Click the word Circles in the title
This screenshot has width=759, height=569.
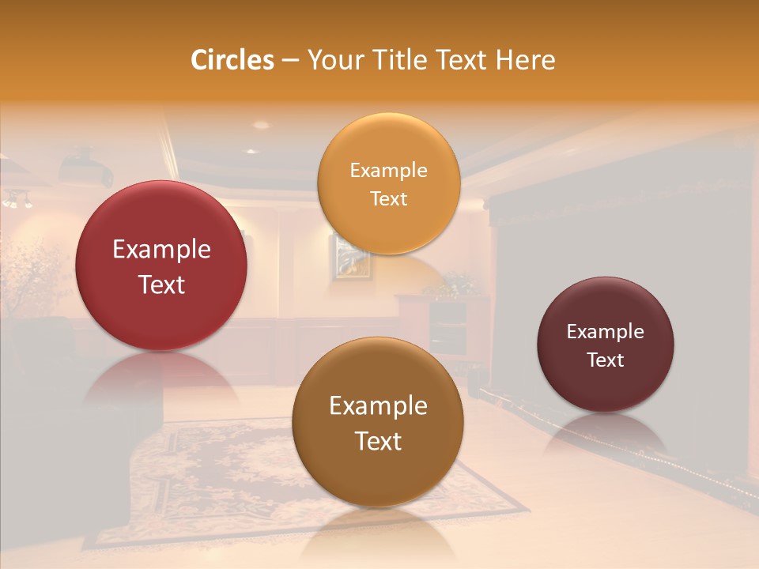[232, 60]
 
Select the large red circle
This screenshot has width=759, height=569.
[161, 266]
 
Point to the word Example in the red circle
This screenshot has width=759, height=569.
[161, 250]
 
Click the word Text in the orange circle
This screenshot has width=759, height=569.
[388, 199]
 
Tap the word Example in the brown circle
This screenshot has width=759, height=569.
[378, 406]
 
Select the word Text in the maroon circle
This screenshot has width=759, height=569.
[606, 360]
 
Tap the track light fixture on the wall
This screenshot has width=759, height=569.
[17, 199]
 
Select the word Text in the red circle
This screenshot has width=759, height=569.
[161, 284]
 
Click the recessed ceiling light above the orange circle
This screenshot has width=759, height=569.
[261, 125]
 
